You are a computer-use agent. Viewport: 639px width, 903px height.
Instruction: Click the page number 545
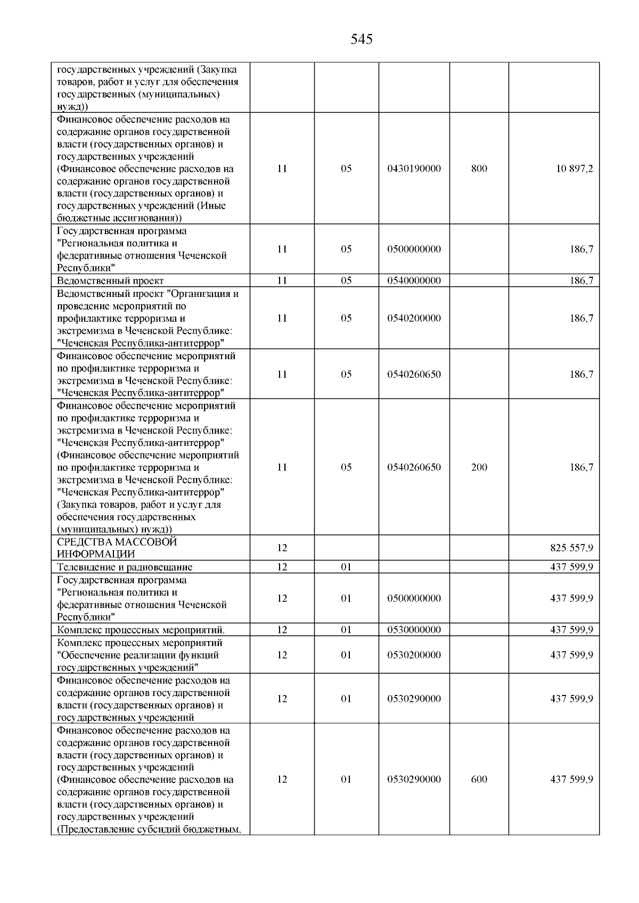(x=362, y=39)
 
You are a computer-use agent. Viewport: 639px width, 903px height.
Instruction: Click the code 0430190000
(x=414, y=169)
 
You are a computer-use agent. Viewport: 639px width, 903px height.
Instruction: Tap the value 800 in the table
(x=479, y=169)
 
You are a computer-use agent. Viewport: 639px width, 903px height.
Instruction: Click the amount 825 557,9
(x=571, y=548)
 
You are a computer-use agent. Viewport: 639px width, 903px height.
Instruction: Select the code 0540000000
(x=414, y=280)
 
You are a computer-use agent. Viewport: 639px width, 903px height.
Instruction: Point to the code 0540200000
(x=414, y=318)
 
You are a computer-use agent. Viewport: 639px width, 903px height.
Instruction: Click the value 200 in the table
(x=479, y=467)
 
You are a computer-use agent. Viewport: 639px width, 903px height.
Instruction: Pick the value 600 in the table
(x=479, y=779)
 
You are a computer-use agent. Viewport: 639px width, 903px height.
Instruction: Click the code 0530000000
(x=414, y=630)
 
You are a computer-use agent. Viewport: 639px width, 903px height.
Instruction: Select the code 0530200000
(x=414, y=655)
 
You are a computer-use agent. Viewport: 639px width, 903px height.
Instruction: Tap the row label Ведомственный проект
(x=110, y=280)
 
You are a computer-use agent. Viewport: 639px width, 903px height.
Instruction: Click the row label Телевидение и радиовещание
(x=125, y=567)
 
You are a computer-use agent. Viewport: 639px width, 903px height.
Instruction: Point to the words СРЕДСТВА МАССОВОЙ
(x=117, y=542)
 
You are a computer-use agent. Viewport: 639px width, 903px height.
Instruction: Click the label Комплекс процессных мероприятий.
(x=141, y=630)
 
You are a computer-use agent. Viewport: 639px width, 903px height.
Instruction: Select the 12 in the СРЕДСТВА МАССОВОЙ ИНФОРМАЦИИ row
(x=282, y=548)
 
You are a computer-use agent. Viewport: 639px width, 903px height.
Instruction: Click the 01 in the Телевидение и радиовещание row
(x=346, y=567)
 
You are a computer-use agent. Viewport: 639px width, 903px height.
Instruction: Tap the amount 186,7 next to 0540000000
(x=581, y=280)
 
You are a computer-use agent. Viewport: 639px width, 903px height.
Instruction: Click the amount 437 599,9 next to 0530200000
(x=571, y=655)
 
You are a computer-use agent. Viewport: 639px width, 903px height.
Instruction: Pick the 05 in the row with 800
(x=346, y=169)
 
